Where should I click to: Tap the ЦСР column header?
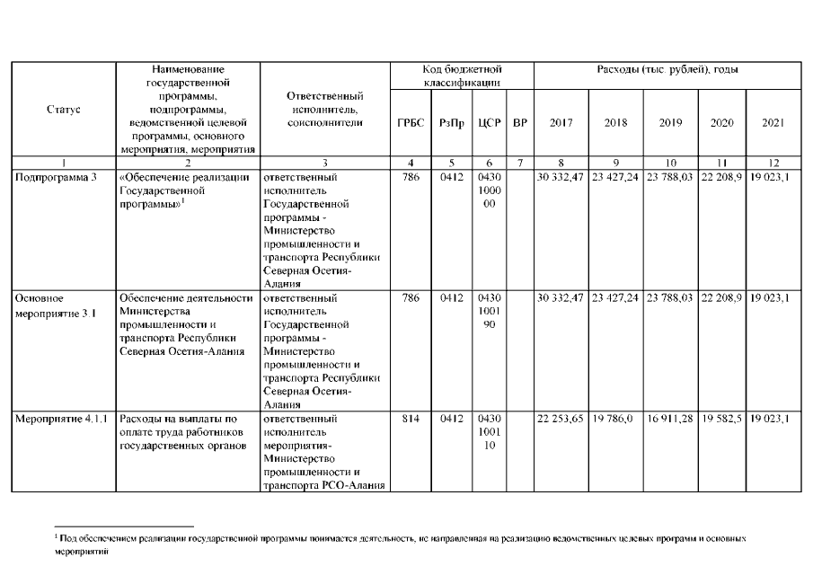click(489, 122)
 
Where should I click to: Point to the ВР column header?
click(519, 122)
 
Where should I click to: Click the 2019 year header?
click(670, 122)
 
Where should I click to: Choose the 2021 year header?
click(773, 122)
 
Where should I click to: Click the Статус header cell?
click(63, 109)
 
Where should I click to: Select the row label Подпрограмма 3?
click(57, 177)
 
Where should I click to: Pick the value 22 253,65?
click(561, 419)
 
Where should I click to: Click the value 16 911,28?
click(670, 419)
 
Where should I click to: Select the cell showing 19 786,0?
click(614, 419)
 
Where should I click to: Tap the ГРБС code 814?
click(411, 419)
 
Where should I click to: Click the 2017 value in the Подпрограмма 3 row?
click(561, 177)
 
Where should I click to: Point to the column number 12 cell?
click(773, 162)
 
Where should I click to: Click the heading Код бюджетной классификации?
click(462, 75)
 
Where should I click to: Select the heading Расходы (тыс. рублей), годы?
click(667, 69)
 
